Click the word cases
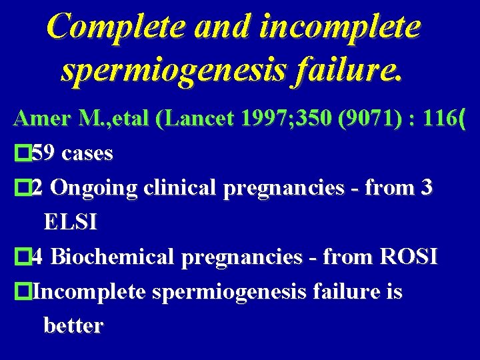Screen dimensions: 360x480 pos(87,153)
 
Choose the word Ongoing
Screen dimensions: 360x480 pos(93,188)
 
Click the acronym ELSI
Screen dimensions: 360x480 pos(70,222)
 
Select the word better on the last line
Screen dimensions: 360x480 pos(73,326)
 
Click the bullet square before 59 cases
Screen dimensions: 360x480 pos(23,154)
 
